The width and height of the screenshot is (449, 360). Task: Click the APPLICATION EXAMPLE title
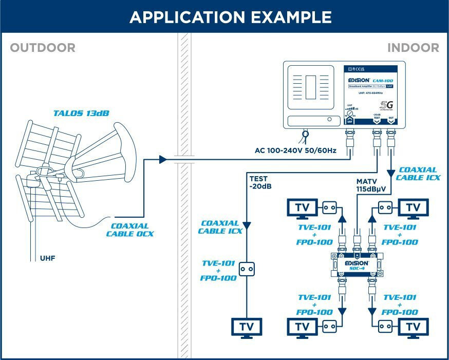[230, 17]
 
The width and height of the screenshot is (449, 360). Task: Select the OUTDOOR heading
[43, 48]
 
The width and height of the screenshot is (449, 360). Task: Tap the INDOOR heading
[413, 48]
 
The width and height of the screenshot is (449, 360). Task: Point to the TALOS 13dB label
[81, 113]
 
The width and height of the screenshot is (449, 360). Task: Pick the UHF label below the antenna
[48, 258]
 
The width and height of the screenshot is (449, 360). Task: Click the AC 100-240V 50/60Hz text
[295, 151]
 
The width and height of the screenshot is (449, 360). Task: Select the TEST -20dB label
[260, 182]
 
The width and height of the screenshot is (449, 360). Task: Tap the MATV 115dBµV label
[371, 185]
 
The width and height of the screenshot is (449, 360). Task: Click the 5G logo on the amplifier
[386, 106]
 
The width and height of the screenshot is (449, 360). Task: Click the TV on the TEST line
[247, 327]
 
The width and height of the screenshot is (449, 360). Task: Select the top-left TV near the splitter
[302, 207]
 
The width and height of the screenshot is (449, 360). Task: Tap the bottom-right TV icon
[413, 326]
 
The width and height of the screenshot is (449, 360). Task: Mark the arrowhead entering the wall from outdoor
[163, 160]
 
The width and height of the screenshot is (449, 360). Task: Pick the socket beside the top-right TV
[386, 207]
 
